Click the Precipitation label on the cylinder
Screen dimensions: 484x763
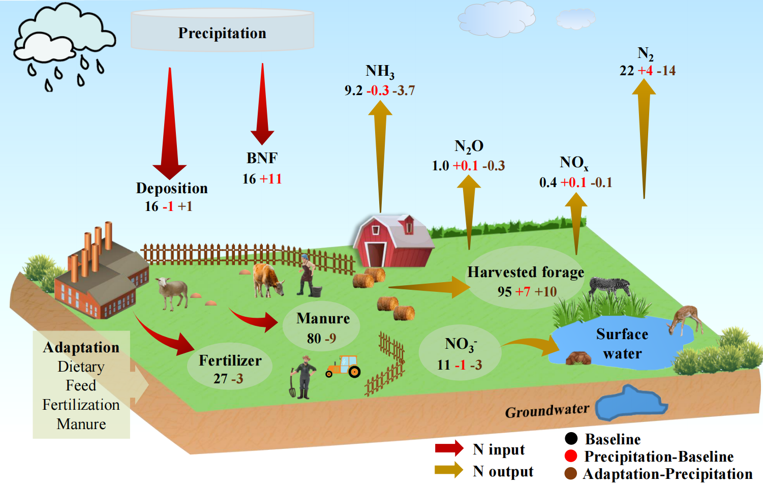point(222,33)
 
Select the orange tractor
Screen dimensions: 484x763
point(344,367)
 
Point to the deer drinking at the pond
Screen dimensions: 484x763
point(686,319)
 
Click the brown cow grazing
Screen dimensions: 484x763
point(267,279)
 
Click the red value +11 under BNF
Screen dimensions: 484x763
point(270,179)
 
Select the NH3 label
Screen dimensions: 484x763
point(380,72)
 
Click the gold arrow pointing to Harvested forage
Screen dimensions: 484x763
point(430,288)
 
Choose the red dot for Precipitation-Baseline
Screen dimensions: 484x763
point(571,456)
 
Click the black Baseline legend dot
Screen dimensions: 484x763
point(571,438)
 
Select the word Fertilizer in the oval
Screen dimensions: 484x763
point(230,360)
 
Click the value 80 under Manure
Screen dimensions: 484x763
point(314,338)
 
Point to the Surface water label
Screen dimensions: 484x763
point(622,344)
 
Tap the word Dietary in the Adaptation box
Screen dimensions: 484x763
point(81,367)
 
